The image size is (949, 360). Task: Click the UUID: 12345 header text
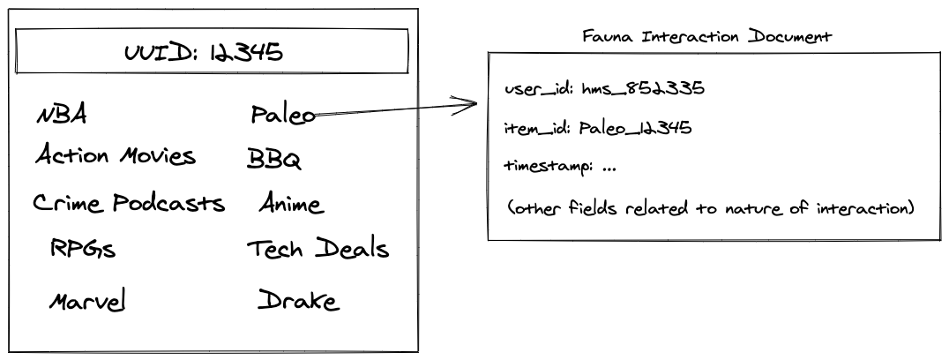(204, 53)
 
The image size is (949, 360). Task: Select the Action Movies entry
(115, 157)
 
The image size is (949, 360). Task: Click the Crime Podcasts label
(129, 204)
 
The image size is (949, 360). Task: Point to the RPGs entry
(83, 250)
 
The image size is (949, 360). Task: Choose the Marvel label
(86, 302)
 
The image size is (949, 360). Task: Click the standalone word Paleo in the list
(282, 115)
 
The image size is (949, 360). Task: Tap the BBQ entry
(274, 161)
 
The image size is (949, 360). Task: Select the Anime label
(291, 205)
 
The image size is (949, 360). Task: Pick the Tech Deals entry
(318, 250)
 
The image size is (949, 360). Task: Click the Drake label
(298, 301)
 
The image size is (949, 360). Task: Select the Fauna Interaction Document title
(707, 38)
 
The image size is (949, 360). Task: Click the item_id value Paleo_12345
(635, 128)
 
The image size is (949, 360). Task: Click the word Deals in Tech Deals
(353, 250)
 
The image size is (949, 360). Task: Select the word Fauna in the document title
(606, 38)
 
